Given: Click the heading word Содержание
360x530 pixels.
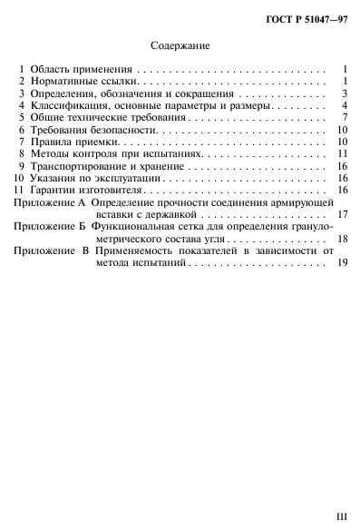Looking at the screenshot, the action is point(180,44).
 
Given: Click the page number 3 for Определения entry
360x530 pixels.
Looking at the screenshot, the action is point(345,93).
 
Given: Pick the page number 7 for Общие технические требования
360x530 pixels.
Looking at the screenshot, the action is point(345,118).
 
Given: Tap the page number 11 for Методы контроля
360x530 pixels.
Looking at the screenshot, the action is point(344,155).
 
